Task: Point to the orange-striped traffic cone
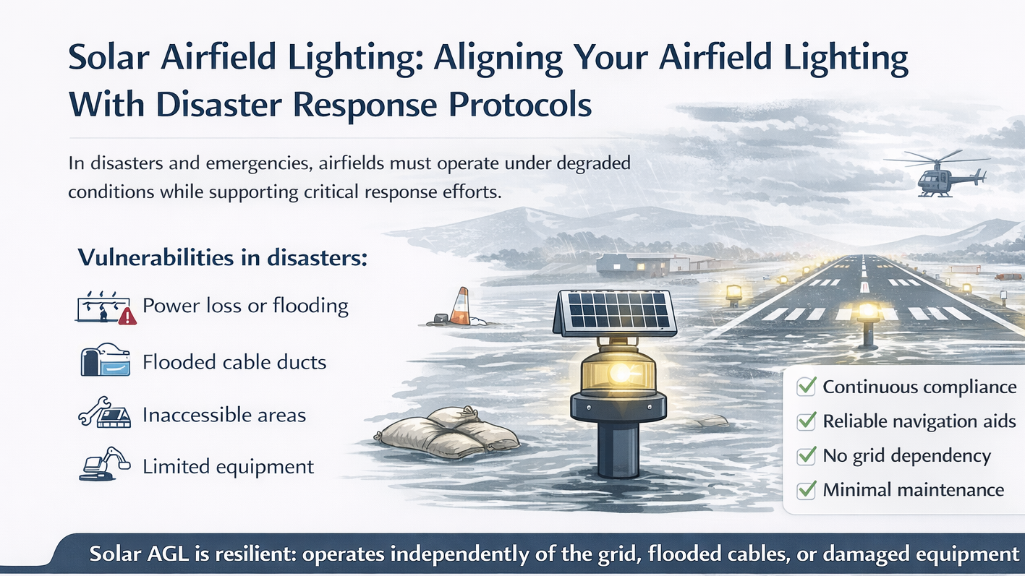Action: (x=460, y=306)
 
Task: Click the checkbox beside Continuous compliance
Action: (x=806, y=387)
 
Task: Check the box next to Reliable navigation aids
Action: (x=806, y=421)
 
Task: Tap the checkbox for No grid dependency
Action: (x=806, y=456)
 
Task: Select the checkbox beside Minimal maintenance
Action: (x=806, y=490)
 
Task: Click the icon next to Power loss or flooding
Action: (x=106, y=308)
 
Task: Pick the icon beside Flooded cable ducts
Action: (x=105, y=361)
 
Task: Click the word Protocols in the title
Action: (x=520, y=105)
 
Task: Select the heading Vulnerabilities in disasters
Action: (x=222, y=257)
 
